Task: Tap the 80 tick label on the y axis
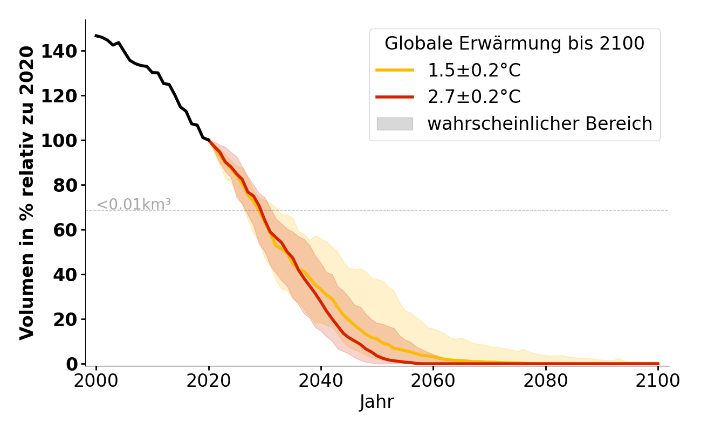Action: pos(71,185)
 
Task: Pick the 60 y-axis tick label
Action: pos(71,230)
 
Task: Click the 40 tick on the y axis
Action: pos(71,275)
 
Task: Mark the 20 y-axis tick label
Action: pos(71,319)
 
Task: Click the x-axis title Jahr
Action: pos(377,402)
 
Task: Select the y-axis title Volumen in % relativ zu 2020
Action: pos(28,192)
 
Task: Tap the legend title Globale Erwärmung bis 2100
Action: pos(514,44)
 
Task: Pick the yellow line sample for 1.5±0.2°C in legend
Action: pos(395,70)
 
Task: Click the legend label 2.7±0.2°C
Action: pos(474,97)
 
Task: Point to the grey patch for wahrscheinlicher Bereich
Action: pos(395,124)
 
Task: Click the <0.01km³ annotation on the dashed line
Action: pos(134,205)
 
